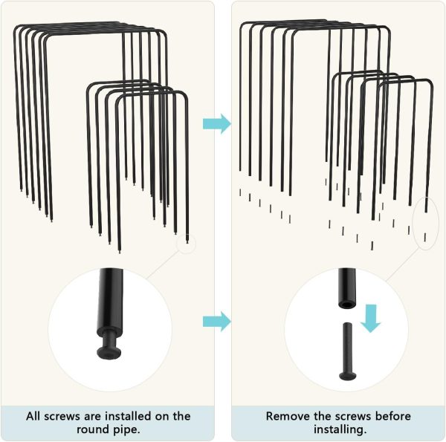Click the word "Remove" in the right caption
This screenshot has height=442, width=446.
point(288,416)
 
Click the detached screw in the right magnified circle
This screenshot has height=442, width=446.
point(347,353)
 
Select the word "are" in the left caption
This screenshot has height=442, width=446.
point(91,416)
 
